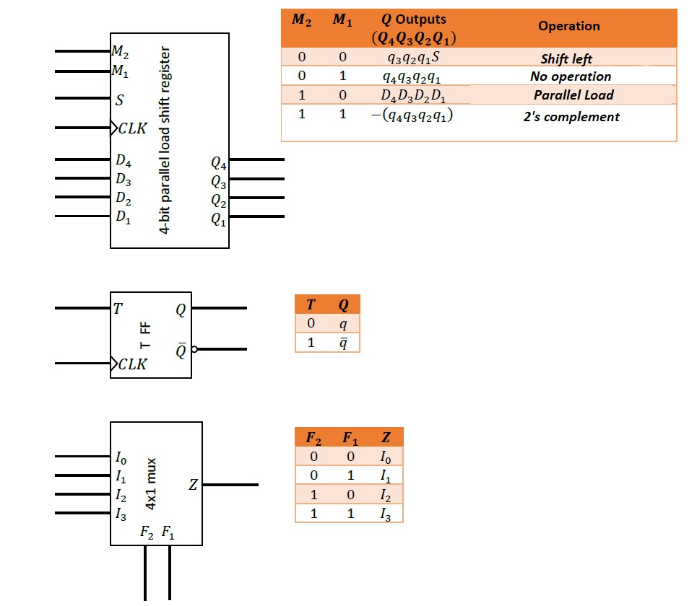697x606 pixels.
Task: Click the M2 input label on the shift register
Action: (x=120, y=53)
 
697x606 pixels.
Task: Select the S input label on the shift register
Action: (x=118, y=100)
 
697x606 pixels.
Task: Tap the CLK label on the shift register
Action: (x=131, y=129)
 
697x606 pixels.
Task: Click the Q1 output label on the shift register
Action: (x=217, y=221)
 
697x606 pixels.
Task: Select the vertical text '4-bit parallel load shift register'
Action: (x=165, y=141)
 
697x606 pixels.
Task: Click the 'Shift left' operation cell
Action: (x=566, y=59)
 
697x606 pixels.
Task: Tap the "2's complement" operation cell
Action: (x=571, y=117)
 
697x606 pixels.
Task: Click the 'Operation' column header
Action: (x=568, y=26)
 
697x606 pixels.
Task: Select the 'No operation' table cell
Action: (x=570, y=76)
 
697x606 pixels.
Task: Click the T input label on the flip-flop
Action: (x=118, y=309)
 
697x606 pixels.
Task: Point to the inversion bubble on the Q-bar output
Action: (x=194, y=349)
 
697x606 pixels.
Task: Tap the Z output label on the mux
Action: (x=192, y=486)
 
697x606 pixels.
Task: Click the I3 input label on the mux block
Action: (x=120, y=514)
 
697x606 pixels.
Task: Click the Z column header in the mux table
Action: (x=386, y=437)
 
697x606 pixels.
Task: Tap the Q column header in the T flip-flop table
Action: (x=343, y=304)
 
